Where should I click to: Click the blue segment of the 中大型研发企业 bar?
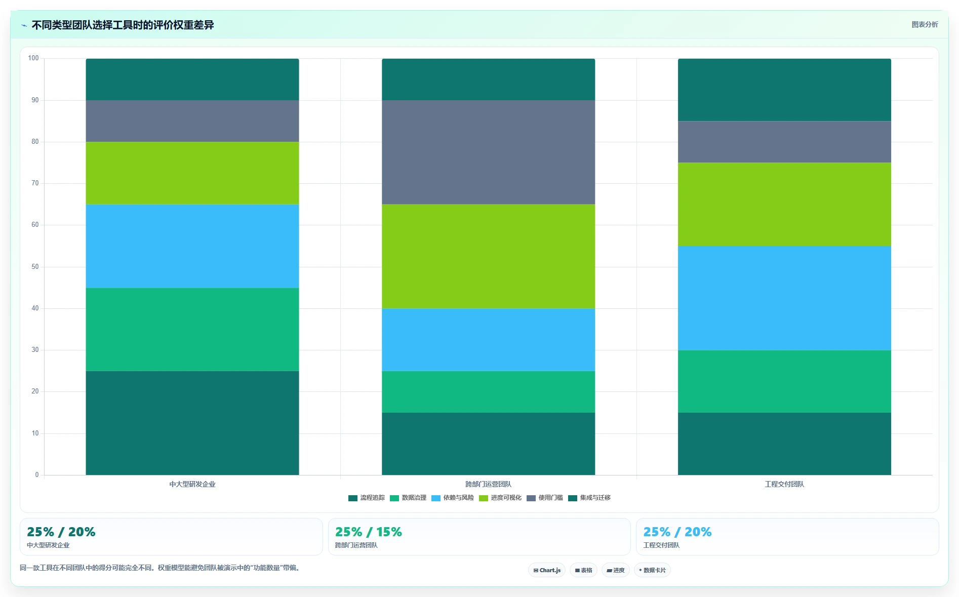192,246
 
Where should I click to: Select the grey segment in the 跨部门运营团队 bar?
488,152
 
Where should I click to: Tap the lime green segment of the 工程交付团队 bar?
784,205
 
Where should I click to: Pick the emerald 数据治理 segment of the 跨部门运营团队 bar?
488,392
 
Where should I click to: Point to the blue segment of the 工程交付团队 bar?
784,298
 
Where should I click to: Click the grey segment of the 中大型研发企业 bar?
192,121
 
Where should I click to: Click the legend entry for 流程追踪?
367,498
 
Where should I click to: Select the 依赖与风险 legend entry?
453,498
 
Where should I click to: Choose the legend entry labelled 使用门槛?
545,498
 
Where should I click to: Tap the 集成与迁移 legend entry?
589,498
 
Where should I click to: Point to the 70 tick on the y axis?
35,183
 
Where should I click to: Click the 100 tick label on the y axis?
33,58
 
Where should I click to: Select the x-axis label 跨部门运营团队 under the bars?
488,484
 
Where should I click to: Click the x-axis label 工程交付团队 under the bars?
784,484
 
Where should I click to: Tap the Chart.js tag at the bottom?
547,570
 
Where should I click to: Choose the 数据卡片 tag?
652,570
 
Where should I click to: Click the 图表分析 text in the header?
925,24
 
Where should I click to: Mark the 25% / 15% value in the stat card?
369,532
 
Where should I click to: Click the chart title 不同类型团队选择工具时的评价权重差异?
123,25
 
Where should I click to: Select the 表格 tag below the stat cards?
583,570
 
